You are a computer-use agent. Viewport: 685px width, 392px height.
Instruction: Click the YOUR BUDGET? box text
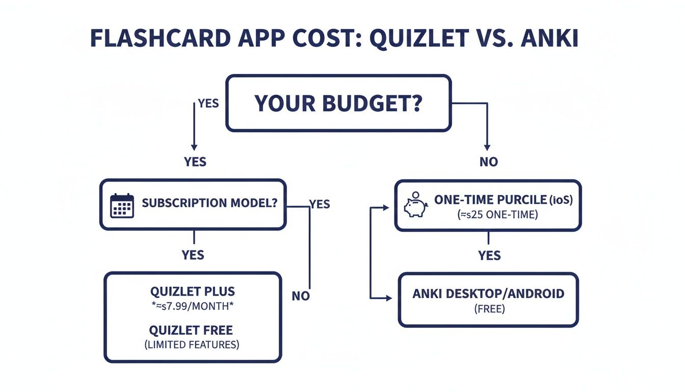pos(338,103)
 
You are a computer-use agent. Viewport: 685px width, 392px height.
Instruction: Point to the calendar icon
pos(122,206)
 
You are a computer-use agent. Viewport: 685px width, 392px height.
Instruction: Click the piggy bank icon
pos(415,206)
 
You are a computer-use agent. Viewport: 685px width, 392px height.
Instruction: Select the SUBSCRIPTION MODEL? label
pos(209,203)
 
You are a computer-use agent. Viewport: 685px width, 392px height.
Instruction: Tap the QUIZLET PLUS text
pos(193,291)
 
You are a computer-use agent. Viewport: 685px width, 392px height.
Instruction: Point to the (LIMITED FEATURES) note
pos(192,345)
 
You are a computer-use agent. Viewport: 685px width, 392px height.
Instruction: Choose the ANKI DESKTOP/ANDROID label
pos(488,293)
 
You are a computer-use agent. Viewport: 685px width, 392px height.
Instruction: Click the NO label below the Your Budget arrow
pos(488,162)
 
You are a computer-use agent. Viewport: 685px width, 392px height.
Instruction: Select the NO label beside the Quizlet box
pos(301,296)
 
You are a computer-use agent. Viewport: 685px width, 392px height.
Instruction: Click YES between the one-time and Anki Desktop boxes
pos(489,255)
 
